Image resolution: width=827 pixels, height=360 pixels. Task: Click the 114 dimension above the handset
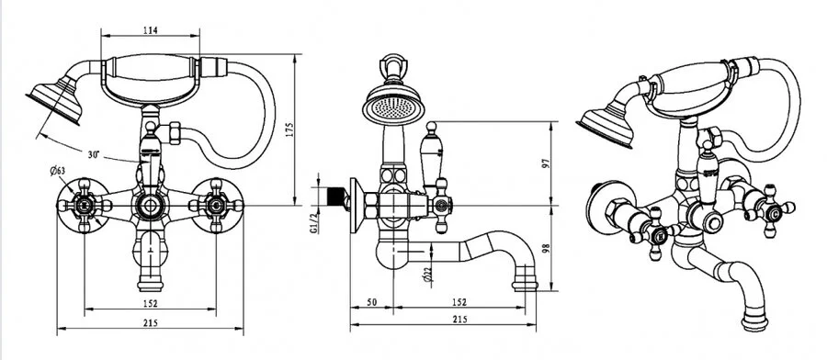(x=151, y=30)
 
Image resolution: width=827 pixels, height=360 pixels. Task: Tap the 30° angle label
(x=94, y=154)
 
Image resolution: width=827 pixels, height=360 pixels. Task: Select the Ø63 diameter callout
(x=57, y=170)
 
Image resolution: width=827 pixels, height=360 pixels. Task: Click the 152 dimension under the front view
(x=151, y=303)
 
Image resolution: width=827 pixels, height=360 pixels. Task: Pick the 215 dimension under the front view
(x=151, y=323)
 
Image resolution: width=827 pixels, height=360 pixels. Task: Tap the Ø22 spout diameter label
(x=427, y=275)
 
